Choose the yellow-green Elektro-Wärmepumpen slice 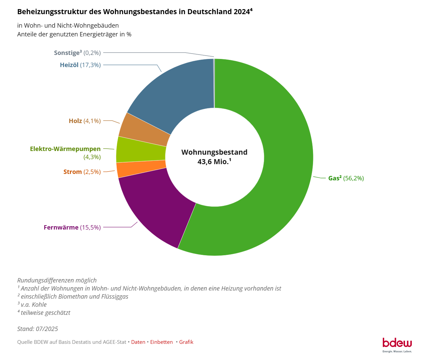140,150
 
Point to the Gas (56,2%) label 346,178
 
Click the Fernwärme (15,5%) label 72,228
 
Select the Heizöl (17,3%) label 80,65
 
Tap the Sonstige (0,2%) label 77,53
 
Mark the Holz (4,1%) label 85,121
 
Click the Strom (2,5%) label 82,172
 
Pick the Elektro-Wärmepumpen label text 65,149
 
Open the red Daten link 138,342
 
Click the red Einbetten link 161,342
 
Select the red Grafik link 186,342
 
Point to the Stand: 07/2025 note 37,329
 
